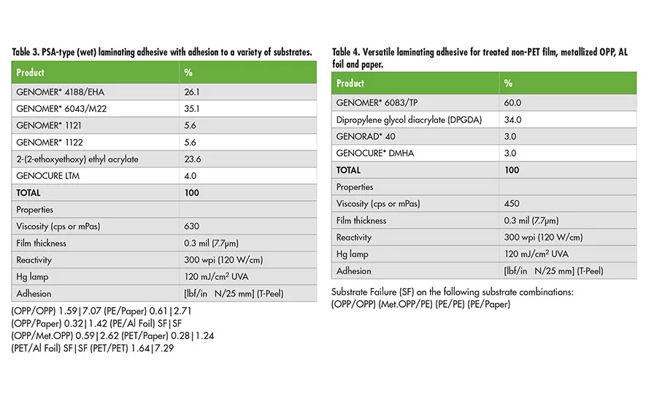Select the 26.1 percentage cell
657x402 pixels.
coord(191,92)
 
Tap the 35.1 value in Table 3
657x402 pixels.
coord(191,109)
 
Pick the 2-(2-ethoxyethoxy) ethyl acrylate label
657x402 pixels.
coord(77,159)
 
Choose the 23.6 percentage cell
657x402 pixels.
coord(191,159)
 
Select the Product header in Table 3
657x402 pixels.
coord(31,73)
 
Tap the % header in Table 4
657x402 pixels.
coord(509,83)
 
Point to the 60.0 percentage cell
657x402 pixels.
coord(512,103)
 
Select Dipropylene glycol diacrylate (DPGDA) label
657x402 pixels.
coord(409,120)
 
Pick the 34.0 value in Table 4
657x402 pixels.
coord(512,120)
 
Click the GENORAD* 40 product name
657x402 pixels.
coord(363,137)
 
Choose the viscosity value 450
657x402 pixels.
coord(512,204)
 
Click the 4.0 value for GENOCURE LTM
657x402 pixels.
coord(190,176)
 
